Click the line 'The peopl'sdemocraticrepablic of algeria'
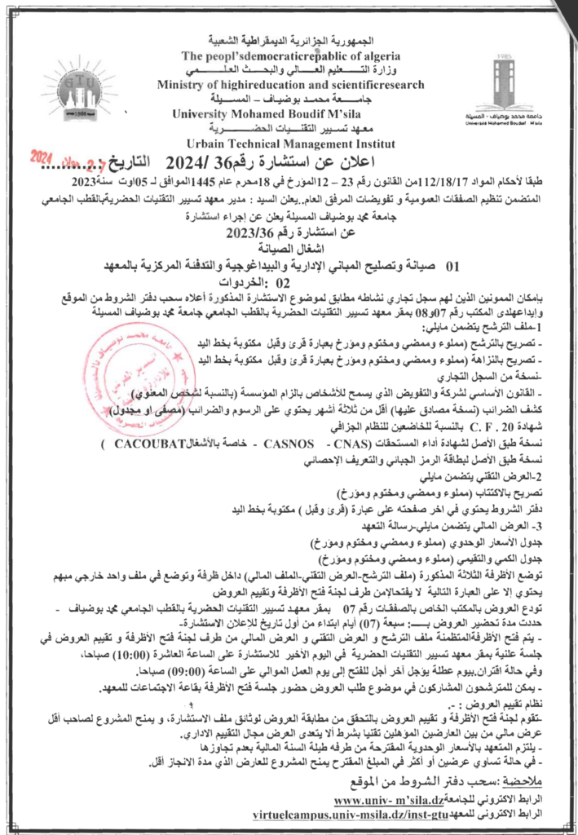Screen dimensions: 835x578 pyautogui.click(x=291, y=56)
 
